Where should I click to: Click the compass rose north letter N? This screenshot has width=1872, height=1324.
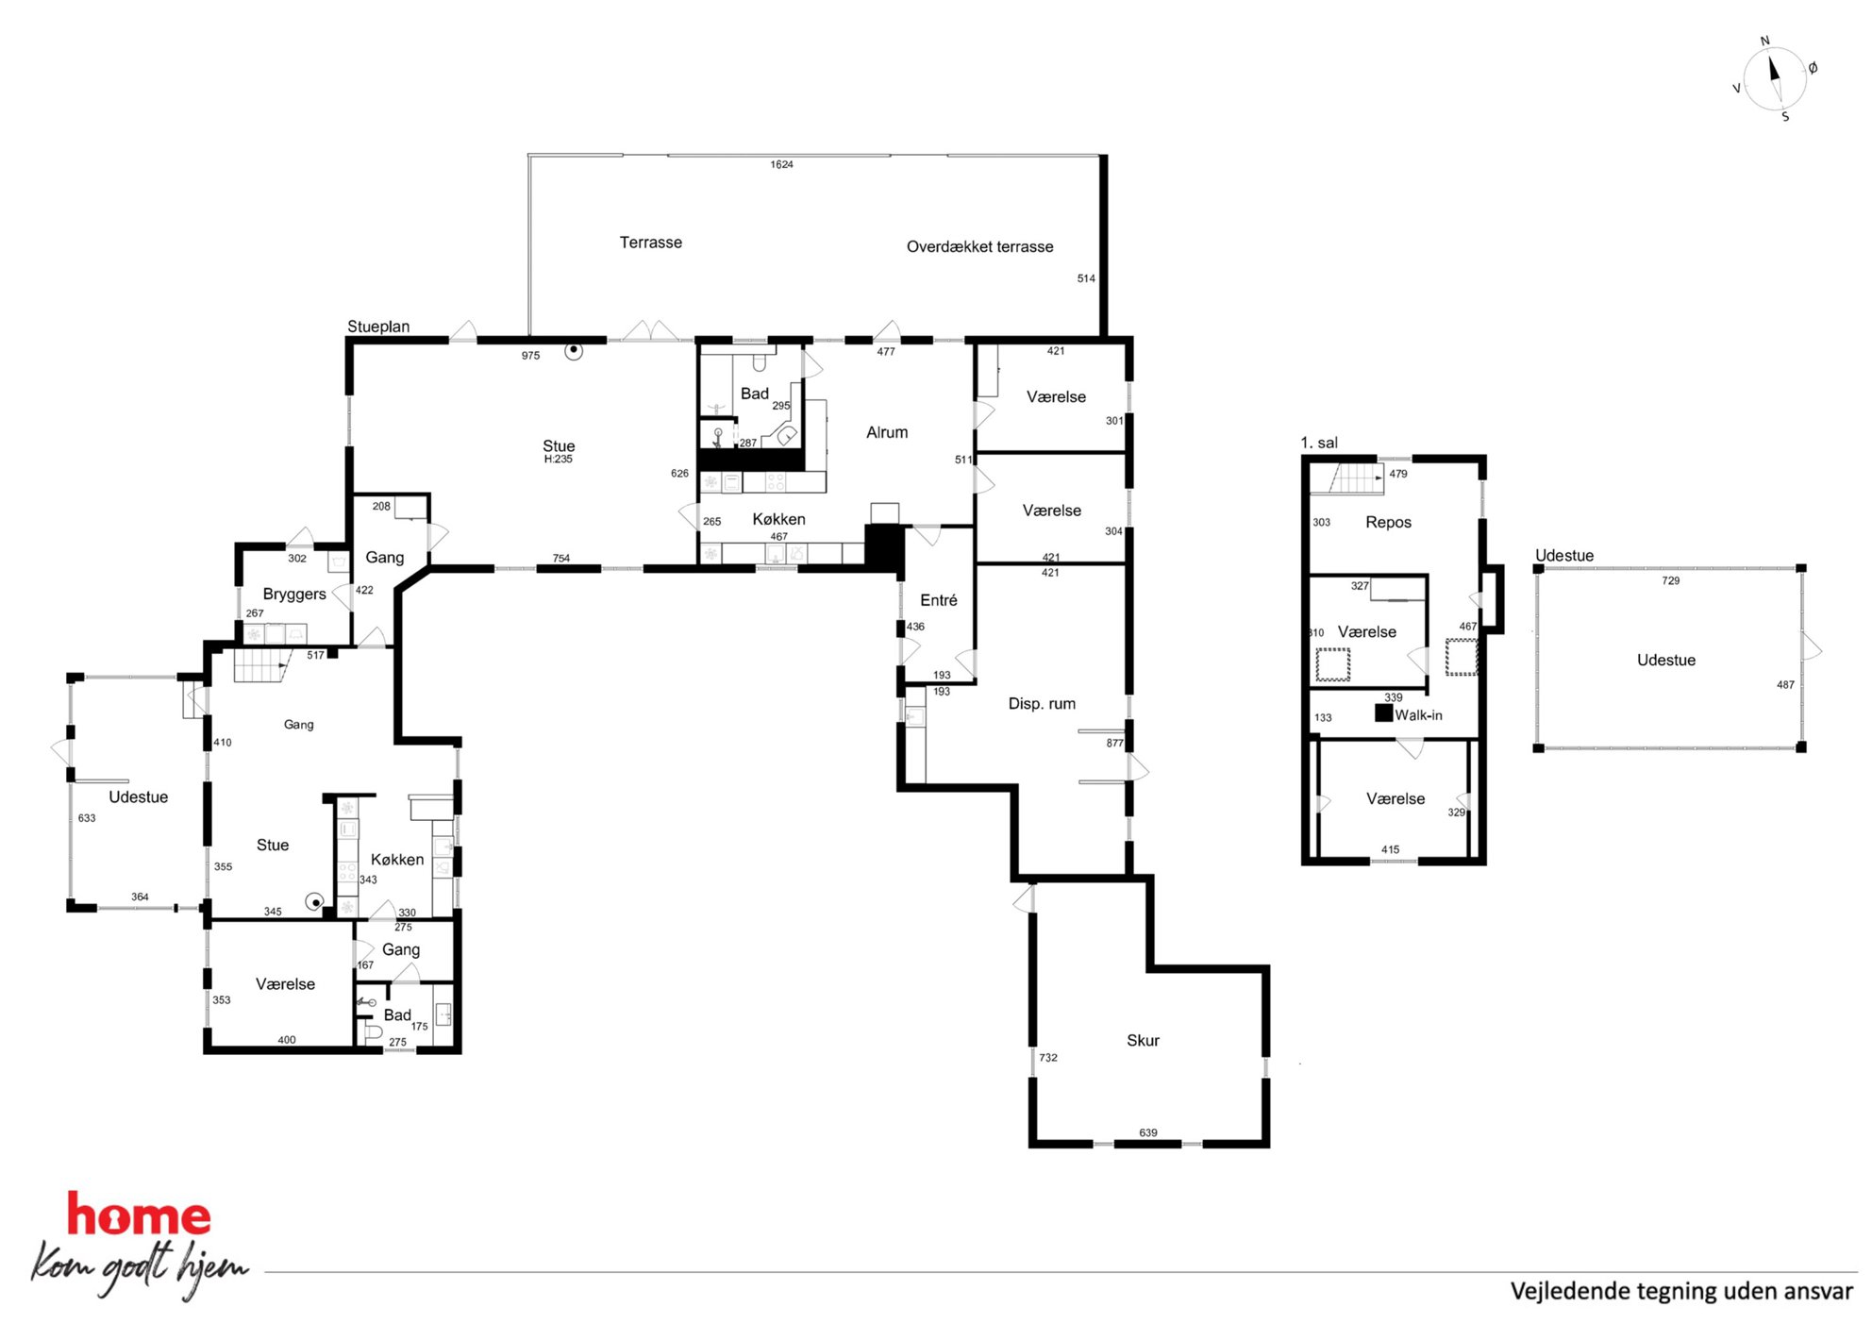pos(1764,42)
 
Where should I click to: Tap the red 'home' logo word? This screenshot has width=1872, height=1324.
pos(139,1215)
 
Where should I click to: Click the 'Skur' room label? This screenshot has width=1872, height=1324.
pos(1143,1040)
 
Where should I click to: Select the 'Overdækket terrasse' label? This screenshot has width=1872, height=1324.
pos(979,246)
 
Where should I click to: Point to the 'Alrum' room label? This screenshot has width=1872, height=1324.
pos(887,432)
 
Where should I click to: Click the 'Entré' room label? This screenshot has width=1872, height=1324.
pos(938,600)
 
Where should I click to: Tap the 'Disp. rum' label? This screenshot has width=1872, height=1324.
pos(1042,704)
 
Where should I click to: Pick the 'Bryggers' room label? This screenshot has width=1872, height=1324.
pos(294,595)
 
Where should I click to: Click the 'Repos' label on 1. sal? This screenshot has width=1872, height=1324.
pos(1388,523)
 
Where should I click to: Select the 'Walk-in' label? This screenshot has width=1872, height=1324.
pos(1418,715)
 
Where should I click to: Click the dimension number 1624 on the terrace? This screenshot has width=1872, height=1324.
pos(781,164)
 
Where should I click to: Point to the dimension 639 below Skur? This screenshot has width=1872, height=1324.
pos(1147,1132)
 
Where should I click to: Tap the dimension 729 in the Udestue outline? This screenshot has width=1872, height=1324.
pos(1670,580)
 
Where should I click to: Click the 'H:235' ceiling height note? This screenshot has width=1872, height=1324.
pos(558,460)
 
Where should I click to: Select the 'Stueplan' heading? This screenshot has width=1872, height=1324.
pos(378,327)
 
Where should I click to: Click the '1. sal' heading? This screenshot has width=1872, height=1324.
pos(1318,443)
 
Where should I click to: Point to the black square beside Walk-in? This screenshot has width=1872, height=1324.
pos(1383,713)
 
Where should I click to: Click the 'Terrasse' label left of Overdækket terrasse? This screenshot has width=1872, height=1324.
pos(651,243)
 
